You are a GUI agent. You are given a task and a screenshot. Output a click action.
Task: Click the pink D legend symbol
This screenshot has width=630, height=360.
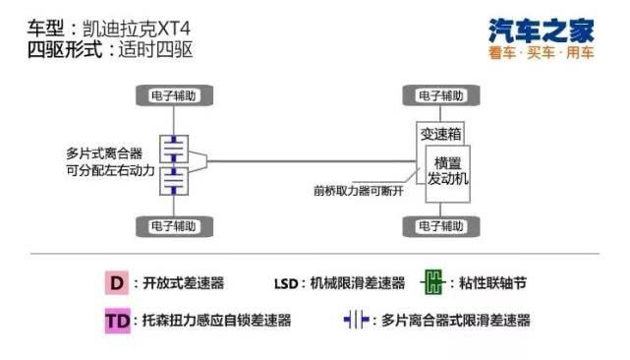pyautogui.click(x=117, y=283)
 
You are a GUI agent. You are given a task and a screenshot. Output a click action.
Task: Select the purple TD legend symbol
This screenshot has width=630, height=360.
pyautogui.click(x=117, y=320)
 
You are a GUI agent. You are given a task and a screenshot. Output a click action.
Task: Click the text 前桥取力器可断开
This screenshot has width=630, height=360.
pyautogui.click(x=358, y=190)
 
